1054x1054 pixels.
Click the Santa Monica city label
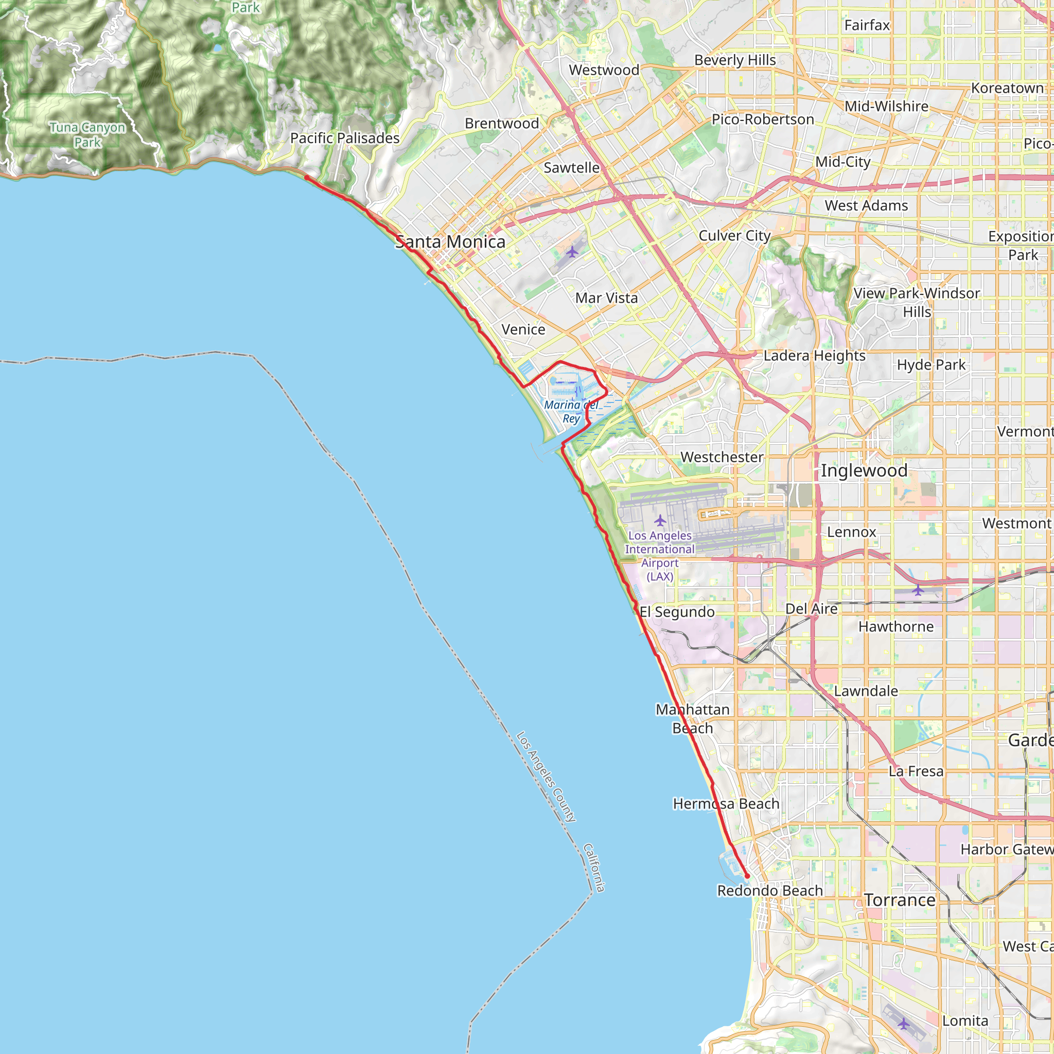pos(450,242)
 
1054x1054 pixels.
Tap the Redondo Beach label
pos(770,890)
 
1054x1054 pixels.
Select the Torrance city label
pos(900,900)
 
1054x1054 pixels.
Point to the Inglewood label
pos(864,470)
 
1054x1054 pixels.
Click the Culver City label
pos(734,236)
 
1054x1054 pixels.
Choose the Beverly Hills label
pos(735,60)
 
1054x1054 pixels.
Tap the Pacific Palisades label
pos(345,138)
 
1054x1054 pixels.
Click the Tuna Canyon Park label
pos(87,135)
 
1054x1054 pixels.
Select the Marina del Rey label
pos(571,411)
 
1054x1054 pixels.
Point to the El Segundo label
pos(677,612)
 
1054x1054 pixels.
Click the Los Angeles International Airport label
pos(660,556)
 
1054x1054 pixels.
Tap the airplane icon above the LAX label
pos(660,520)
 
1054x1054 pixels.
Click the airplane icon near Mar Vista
pos(572,252)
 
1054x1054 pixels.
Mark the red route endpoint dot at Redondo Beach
pos(747,876)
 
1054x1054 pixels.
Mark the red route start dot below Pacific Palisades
pos(307,178)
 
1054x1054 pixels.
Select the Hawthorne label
pos(896,627)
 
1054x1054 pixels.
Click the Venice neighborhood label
pos(523,329)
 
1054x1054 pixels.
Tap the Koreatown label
pos(1007,89)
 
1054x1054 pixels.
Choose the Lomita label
pos(965,1021)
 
